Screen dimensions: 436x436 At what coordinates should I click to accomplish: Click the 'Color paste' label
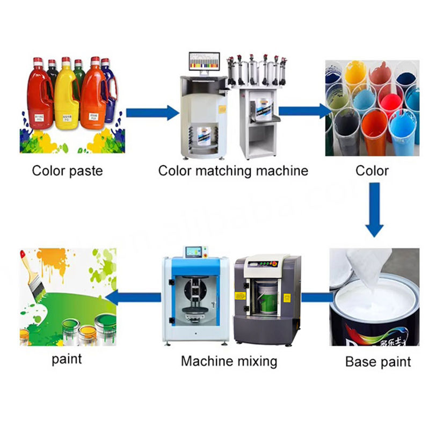[x=67, y=171]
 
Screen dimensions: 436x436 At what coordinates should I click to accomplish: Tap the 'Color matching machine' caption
[x=233, y=171]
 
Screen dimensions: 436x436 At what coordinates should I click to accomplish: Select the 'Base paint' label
[x=378, y=361]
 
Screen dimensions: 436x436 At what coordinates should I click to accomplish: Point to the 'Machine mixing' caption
[x=229, y=361]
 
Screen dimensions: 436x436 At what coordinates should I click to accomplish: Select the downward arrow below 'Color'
[x=375, y=209]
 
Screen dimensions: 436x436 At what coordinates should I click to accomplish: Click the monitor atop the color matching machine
[x=204, y=64]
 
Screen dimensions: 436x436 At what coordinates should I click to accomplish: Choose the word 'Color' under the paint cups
[x=372, y=171]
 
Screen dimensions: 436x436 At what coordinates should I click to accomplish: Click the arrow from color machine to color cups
[x=303, y=111]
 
